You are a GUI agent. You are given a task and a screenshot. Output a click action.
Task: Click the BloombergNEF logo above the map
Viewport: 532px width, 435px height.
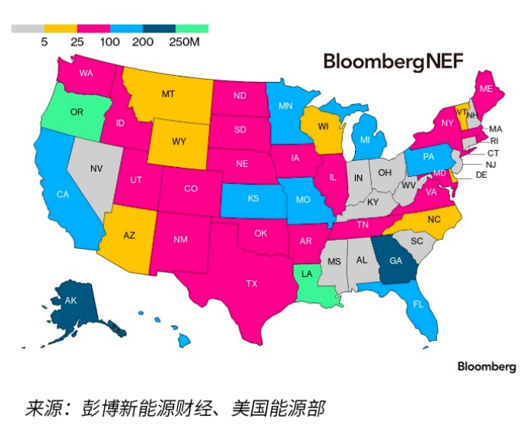pyautogui.click(x=393, y=61)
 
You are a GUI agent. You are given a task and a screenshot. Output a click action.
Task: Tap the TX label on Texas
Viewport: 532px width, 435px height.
pyautogui.click(x=252, y=283)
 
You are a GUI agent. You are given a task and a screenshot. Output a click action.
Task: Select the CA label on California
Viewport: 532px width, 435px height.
pyautogui.click(x=63, y=194)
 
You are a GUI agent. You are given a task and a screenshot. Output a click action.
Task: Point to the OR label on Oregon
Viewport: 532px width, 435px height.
pyautogui.click(x=77, y=112)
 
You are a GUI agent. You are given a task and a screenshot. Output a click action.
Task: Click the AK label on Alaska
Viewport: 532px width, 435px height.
pyautogui.click(x=71, y=301)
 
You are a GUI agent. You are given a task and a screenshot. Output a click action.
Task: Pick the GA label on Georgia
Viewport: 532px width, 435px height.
pyautogui.click(x=395, y=260)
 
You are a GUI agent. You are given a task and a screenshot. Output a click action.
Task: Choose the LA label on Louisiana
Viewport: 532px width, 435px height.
pyautogui.click(x=307, y=274)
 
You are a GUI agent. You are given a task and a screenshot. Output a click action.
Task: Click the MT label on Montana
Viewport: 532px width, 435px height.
pyautogui.click(x=168, y=94)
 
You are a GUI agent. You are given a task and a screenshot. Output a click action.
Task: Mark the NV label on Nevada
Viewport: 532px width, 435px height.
pyautogui.click(x=97, y=168)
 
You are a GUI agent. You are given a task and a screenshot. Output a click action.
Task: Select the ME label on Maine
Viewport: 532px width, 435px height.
pyautogui.click(x=487, y=90)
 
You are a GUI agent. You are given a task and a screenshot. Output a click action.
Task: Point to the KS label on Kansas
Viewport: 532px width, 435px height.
pyautogui.click(x=253, y=199)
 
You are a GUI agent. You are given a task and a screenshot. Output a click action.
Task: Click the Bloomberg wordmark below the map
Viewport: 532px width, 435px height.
pyautogui.click(x=486, y=366)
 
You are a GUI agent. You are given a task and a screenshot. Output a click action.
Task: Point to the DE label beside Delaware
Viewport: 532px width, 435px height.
pyautogui.click(x=481, y=174)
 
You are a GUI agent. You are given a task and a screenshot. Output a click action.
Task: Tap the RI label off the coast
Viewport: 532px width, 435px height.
pyautogui.click(x=494, y=140)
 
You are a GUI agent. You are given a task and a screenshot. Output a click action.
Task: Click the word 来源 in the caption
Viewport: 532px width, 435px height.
pyautogui.click(x=42, y=408)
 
